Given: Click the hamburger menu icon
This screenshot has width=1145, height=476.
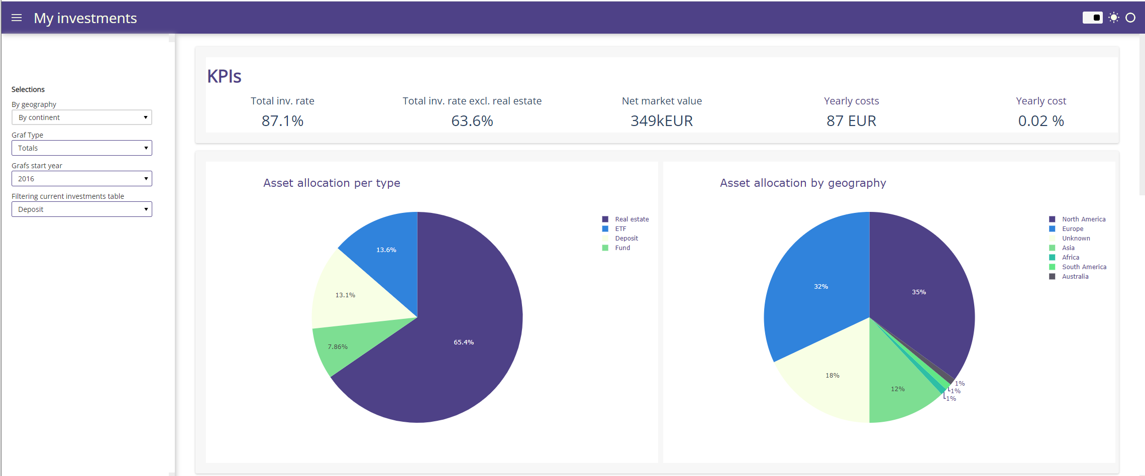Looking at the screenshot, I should [x=17, y=18].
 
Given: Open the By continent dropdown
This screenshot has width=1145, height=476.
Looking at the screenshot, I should [x=81, y=117].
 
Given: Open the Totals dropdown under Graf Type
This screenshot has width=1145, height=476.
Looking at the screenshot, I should [x=81, y=148].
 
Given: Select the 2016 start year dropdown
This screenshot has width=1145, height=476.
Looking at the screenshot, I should [x=81, y=179].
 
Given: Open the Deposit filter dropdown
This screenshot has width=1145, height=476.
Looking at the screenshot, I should [x=81, y=209].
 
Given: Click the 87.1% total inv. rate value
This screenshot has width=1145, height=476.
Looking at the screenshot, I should [x=282, y=121].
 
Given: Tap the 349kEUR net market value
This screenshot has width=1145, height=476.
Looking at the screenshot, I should [x=661, y=121].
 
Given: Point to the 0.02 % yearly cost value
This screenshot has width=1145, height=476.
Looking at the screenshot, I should [x=1040, y=121].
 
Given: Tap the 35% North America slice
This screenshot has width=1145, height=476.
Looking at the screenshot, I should [x=919, y=291].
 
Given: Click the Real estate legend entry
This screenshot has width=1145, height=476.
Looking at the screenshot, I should [x=632, y=219].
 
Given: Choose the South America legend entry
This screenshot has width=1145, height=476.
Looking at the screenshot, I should [x=1084, y=267].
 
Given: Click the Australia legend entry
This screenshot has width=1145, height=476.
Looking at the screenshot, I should [x=1075, y=277].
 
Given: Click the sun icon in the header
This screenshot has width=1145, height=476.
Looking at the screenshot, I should [x=1114, y=18].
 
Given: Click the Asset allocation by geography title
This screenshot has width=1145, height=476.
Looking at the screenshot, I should [x=802, y=183].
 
